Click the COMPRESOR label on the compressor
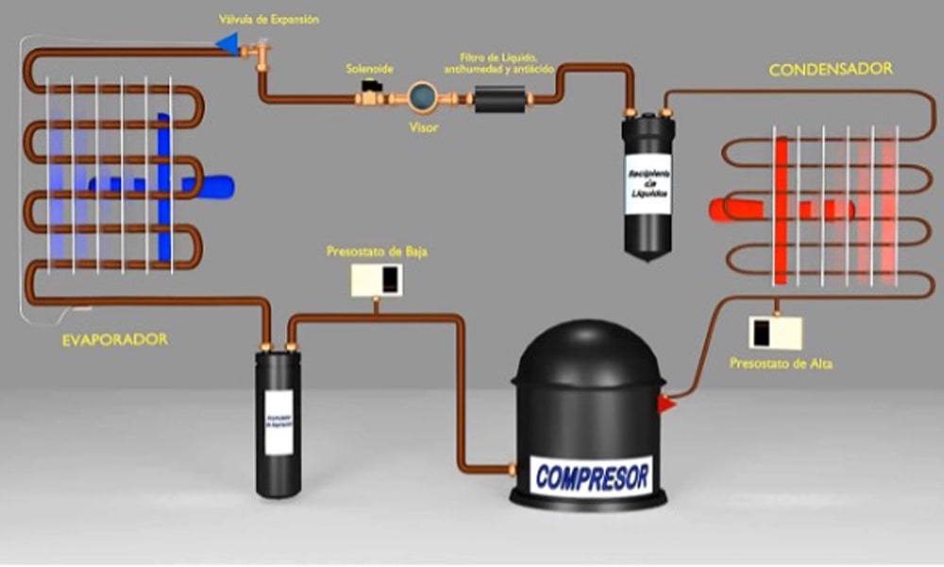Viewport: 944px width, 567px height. tap(593, 474)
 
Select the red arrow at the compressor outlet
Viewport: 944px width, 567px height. tap(666, 404)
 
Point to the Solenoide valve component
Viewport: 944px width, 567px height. tap(370, 94)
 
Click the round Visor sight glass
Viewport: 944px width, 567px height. tap(422, 97)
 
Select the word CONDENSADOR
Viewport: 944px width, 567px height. tap(831, 70)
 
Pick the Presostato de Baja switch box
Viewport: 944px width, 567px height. tap(377, 279)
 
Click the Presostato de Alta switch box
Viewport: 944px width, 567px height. tap(775, 332)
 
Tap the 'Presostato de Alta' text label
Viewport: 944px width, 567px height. tap(781, 362)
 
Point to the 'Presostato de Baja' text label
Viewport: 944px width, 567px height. tap(377, 251)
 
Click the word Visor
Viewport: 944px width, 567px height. tap(423, 128)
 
